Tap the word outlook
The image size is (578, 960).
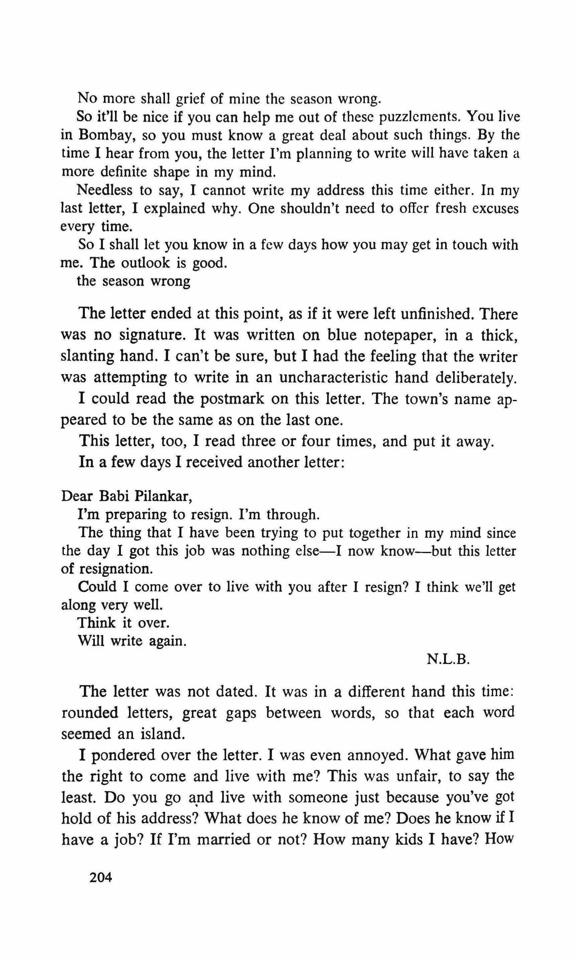click(x=146, y=263)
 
